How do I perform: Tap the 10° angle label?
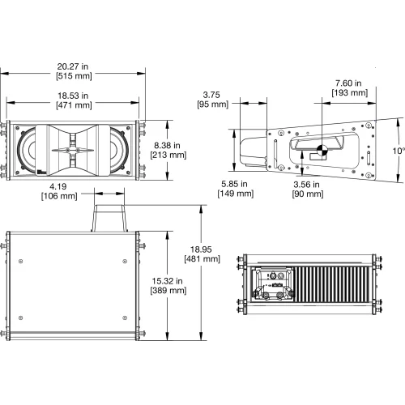point(399,151)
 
